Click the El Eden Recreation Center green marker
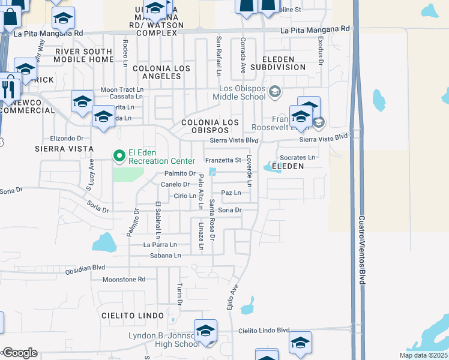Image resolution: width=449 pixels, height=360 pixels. [119, 156]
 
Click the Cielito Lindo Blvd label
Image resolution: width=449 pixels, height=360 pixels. [264, 331]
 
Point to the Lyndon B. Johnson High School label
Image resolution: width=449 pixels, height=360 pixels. [164, 340]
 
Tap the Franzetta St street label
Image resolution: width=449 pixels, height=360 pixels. [223, 160]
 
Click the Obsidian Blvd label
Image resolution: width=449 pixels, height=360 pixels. [85, 271]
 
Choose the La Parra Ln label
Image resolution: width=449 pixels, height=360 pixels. [160, 245]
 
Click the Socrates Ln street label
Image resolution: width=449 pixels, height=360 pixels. [298, 157]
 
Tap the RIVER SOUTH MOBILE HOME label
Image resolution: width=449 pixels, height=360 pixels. [83, 56]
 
